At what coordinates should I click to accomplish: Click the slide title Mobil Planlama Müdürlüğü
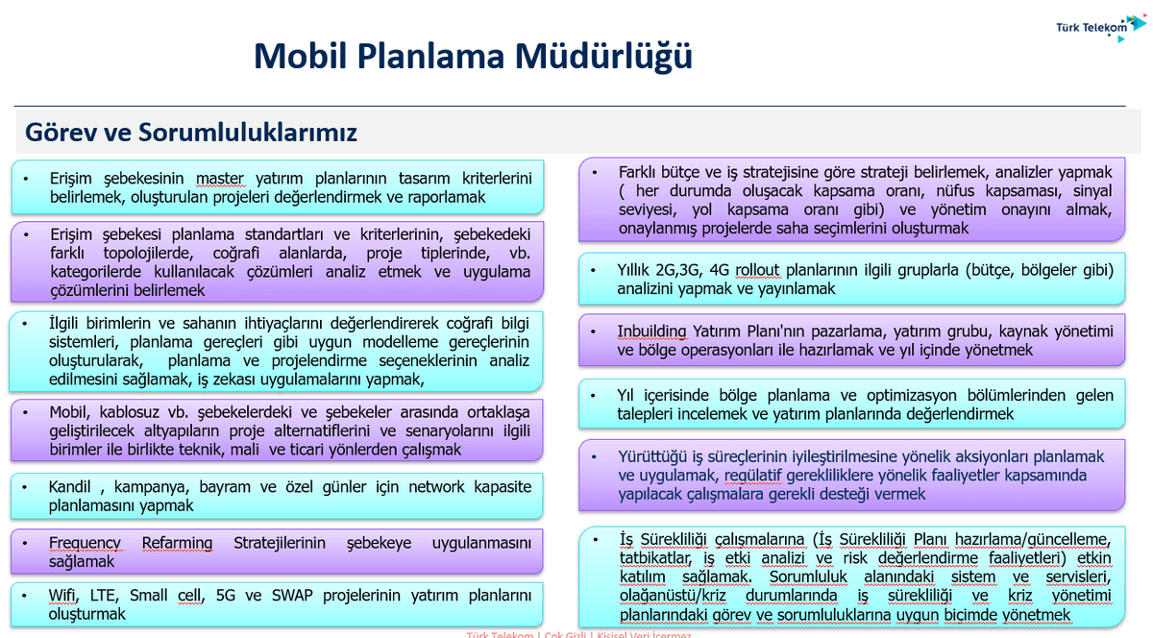pyautogui.click(x=473, y=57)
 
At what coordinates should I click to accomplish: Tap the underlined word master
pyautogui.click(x=220, y=178)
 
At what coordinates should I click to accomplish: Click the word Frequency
pyautogui.click(x=85, y=543)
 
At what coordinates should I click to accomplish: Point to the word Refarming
pyautogui.click(x=177, y=543)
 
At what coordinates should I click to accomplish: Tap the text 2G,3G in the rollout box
pyautogui.click(x=688, y=270)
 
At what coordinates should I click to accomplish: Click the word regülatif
pyautogui.click(x=756, y=476)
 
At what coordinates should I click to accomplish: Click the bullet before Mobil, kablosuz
pyautogui.click(x=28, y=412)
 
